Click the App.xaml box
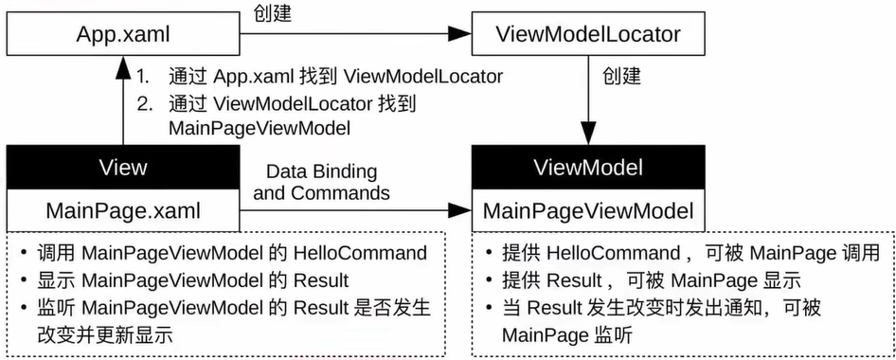tap(123, 35)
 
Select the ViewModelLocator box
tap(588, 35)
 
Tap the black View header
tap(123, 168)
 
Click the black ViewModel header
tap(588, 168)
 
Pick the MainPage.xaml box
tap(123, 208)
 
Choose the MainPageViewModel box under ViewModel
tap(588, 210)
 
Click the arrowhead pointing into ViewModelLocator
tap(460, 35)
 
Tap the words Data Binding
tap(321, 172)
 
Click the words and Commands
tap(321, 192)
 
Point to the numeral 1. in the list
tap(144, 77)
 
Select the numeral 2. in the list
tap(144, 103)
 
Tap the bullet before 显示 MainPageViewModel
tap(22, 280)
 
